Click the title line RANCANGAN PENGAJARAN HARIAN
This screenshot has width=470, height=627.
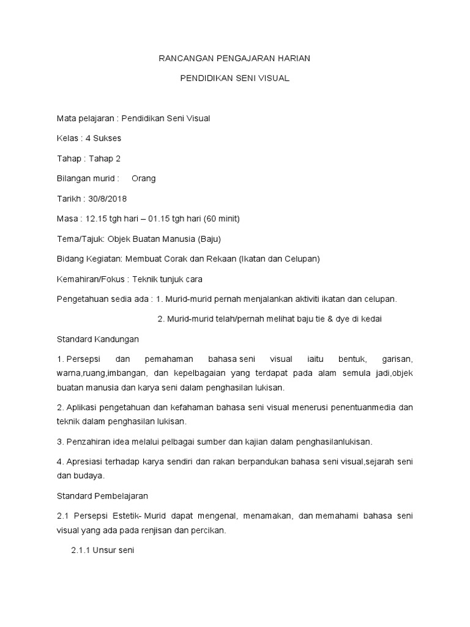(234, 59)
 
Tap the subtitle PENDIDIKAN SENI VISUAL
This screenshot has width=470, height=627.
(234, 79)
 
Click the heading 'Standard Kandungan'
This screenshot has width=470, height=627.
(98, 339)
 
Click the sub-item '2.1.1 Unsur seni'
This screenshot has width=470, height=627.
(102, 550)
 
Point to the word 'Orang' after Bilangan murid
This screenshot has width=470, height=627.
(144, 179)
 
